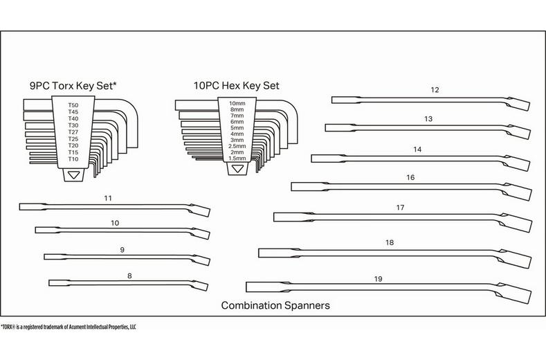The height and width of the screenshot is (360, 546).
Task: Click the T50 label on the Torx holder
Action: point(73,105)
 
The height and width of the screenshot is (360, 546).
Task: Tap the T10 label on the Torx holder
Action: point(73,159)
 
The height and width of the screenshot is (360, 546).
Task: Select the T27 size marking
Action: point(73,132)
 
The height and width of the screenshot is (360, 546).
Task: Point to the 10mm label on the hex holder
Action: point(237,102)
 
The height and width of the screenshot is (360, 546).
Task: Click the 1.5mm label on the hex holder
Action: point(237,159)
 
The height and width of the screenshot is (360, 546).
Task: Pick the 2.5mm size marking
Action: point(237,146)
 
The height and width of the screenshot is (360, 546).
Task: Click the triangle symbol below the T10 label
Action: point(73,175)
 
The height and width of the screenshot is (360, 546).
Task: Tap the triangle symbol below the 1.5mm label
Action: point(237,169)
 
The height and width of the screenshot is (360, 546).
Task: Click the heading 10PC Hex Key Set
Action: point(237,86)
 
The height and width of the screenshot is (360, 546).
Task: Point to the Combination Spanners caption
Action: point(275,305)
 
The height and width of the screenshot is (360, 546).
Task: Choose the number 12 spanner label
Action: point(435,90)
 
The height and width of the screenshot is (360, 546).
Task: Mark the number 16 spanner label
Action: point(410,177)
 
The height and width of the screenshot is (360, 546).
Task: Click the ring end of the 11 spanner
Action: point(199,210)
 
